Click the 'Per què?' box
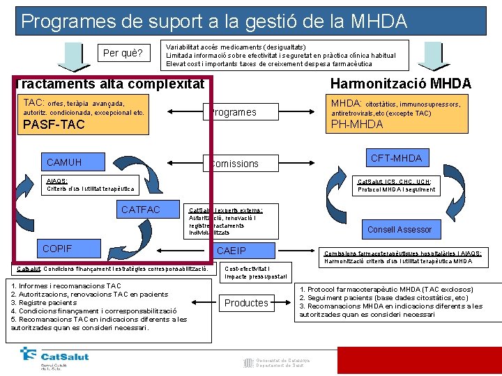coord(123,53)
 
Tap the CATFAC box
coord(141,210)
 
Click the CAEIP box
coord(232,251)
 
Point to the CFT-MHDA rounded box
coord(396,159)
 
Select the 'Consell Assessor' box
coord(400,229)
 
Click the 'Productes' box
coord(246,303)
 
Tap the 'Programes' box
coord(232,112)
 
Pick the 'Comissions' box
coord(234,164)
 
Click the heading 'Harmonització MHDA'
coord(400,84)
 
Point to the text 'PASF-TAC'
coord(54,125)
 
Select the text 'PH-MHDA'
coord(357,125)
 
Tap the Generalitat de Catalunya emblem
coord(248,362)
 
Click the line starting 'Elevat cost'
coord(269,64)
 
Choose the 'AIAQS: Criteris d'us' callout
coord(91,185)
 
